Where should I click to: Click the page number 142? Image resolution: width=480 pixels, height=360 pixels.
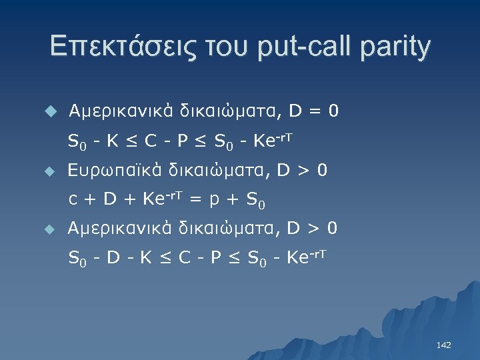pos(443,345)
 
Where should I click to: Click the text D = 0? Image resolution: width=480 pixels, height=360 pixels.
pos(313,111)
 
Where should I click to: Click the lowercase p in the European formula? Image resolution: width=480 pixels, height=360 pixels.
pos(214,199)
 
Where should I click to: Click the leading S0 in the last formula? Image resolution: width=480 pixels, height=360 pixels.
pos(77,257)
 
